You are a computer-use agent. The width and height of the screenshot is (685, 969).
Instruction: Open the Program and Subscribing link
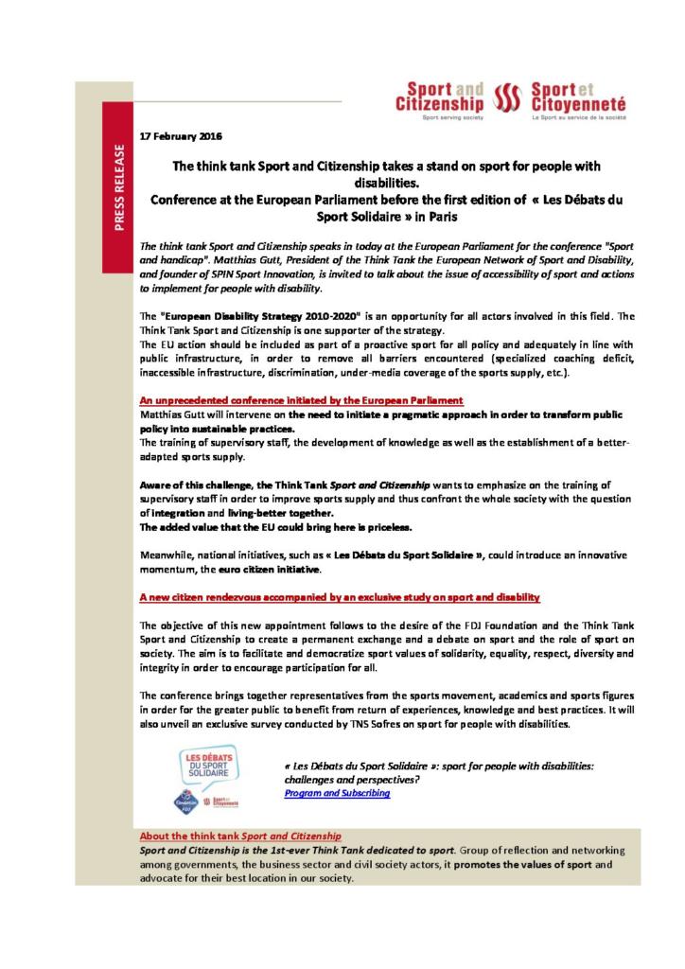click(337, 793)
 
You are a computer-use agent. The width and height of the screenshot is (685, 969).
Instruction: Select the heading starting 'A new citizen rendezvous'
click(340, 598)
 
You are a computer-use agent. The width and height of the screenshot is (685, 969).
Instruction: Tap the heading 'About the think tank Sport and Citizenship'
click(240, 837)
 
